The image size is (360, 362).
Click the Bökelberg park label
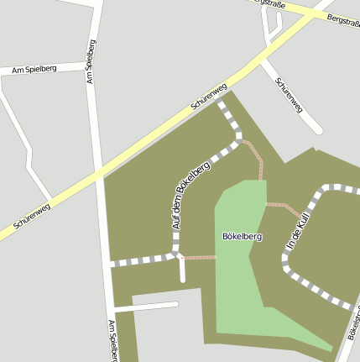[242, 237]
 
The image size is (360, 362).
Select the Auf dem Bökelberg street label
[190, 195]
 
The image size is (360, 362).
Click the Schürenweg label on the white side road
[288, 99]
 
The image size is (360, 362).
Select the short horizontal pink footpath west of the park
[200, 257]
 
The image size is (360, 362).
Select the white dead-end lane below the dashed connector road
[147, 307]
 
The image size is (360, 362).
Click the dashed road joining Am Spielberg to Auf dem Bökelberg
[143, 260]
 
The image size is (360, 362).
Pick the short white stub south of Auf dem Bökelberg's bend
[182, 270]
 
